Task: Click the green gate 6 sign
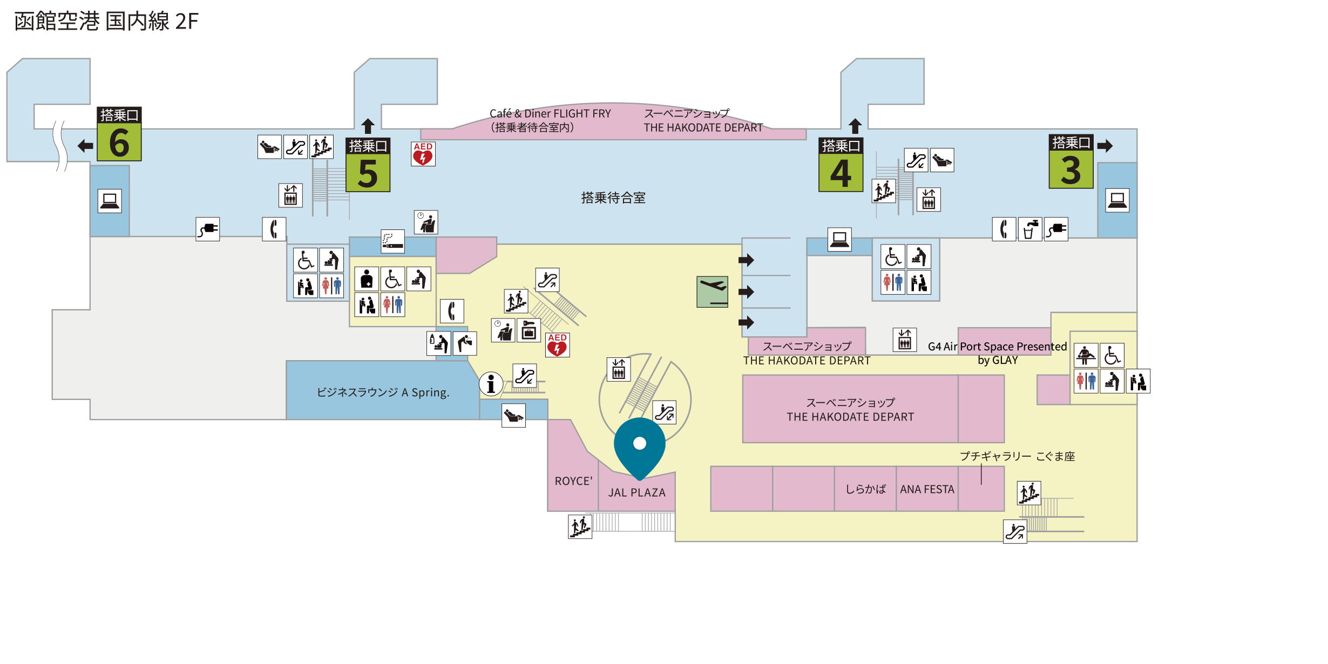point(119,134)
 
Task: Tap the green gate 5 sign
point(368,165)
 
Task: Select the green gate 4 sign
point(841,165)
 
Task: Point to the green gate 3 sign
point(1071,161)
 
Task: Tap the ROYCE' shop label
point(573,481)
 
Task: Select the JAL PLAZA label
point(637,492)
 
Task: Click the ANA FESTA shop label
point(927,489)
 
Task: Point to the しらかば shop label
point(865,489)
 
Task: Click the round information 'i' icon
point(491,384)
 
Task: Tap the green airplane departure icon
point(713,292)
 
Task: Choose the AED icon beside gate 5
point(423,154)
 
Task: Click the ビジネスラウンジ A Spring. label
point(383,392)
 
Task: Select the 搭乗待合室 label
point(613,198)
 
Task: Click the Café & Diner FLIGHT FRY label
point(550,113)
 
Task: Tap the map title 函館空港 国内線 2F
point(106,22)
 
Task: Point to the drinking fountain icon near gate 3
point(1030,229)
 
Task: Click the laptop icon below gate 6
point(110,201)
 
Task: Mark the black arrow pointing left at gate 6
point(85,145)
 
